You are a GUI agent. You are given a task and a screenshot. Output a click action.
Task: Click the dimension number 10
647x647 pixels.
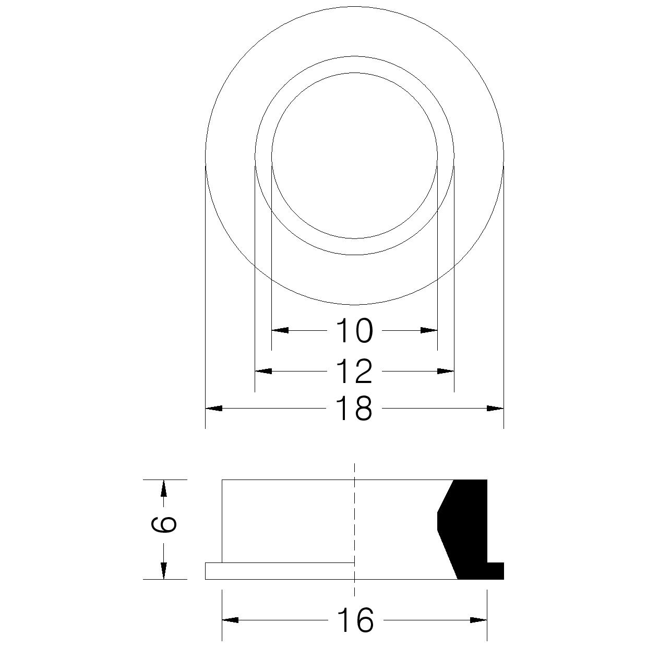(x=355, y=331)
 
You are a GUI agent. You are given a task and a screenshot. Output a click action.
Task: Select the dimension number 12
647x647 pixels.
(x=355, y=371)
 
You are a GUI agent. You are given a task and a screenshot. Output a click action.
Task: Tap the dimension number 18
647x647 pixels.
(x=355, y=409)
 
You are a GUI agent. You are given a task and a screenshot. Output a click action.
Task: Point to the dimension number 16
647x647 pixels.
(x=355, y=620)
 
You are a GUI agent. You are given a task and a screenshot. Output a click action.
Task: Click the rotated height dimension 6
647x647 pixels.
(x=163, y=530)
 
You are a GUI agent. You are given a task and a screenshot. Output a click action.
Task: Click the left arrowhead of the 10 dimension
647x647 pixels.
(x=280, y=330)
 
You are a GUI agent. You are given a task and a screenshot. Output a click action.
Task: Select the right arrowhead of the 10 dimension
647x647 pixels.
(x=429, y=330)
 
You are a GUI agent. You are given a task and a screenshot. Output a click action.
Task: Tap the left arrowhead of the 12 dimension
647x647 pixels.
(x=263, y=371)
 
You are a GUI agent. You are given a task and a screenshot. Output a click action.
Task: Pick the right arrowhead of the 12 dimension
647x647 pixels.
(x=446, y=371)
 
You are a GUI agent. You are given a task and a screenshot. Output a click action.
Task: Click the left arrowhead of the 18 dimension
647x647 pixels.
(x=214, y=409)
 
